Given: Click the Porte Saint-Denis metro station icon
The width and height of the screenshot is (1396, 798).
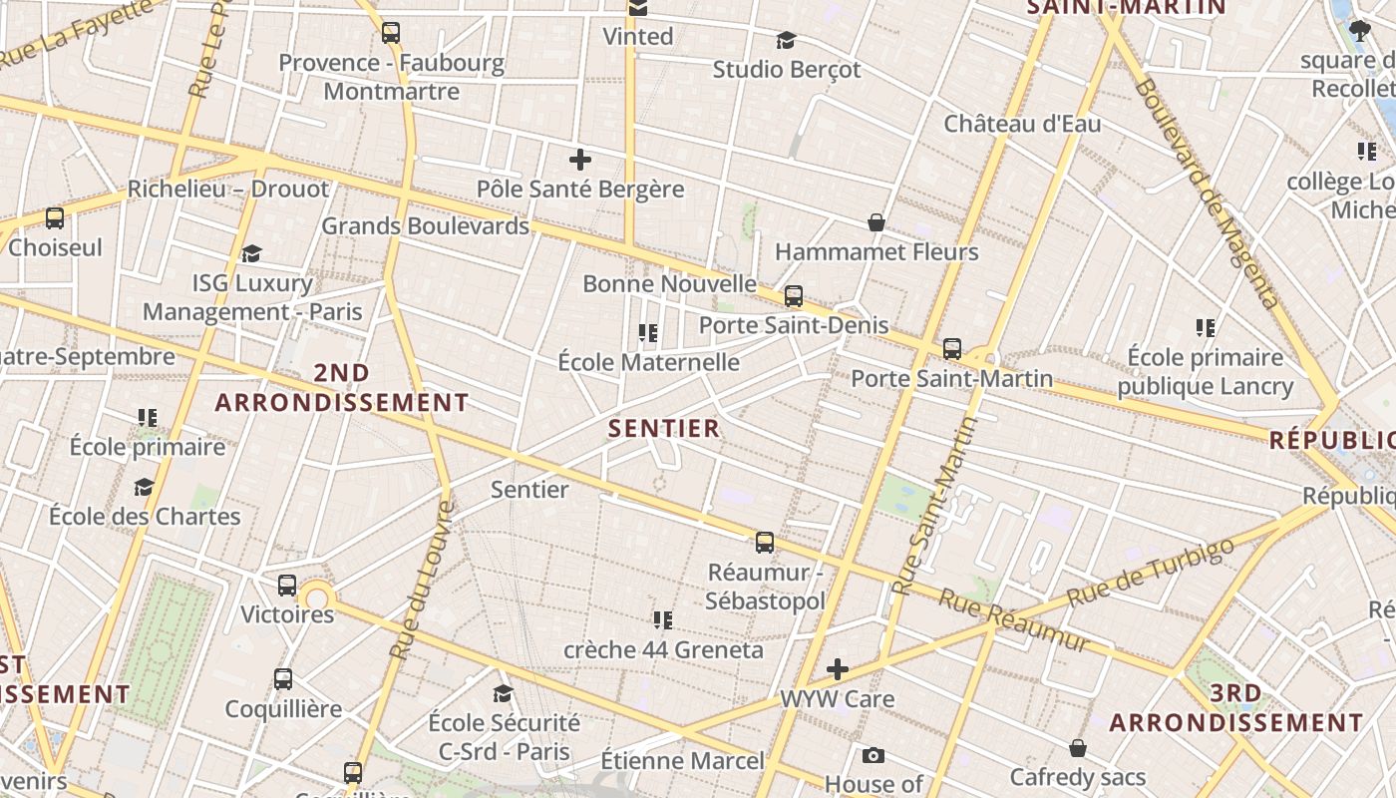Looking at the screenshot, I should point(794,296).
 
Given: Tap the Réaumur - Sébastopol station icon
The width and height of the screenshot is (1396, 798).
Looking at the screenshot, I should point(765,543).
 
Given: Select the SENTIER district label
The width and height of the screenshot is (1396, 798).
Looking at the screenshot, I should point(664,429).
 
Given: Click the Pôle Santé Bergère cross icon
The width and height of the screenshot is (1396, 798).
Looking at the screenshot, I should point(580,160).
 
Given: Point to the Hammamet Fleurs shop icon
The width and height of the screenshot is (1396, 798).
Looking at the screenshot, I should point(876,222).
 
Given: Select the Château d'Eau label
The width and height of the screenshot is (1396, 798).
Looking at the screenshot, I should point(1022,125).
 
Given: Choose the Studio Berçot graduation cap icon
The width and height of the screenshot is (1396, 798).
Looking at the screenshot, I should point(787,41).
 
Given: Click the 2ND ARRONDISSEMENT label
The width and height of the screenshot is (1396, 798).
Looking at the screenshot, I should point(342,388).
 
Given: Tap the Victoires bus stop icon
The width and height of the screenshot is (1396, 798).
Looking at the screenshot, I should point(287,586).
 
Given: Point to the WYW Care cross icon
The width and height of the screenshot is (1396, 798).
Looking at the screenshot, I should point(838,669).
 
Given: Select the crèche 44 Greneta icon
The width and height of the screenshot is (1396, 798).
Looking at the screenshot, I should point(663,620).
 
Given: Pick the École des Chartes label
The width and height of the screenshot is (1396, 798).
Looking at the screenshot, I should point(145,517).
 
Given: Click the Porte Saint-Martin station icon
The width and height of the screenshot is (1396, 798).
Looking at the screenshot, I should point(952,349).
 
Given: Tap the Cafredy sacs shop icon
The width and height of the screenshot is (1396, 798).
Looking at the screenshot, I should point(1078,748).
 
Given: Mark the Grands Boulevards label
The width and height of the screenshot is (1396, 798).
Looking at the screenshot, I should point(425,226).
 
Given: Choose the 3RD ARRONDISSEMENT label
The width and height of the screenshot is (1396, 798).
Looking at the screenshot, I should point(1236,708).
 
